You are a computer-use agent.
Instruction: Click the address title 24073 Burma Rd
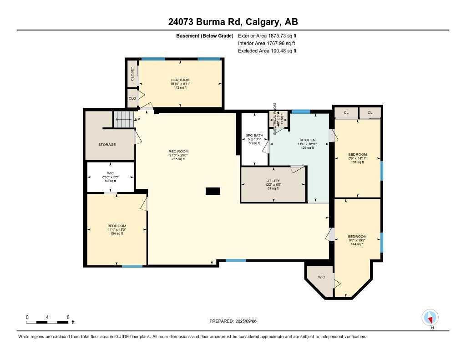[x=233, y=22]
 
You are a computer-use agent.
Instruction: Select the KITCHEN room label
[x=307, y=140]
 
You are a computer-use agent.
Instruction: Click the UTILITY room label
[x=273, y=181]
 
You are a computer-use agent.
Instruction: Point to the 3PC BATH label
[x=254, y=135]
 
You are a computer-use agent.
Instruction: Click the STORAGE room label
[x=107, y=145]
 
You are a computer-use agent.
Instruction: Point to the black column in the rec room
[x=213, y=191]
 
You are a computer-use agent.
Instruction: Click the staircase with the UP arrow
[x=124, y=120]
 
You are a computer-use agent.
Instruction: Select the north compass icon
[x=430, y=317]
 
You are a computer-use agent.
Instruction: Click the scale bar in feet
[x=47, y=322]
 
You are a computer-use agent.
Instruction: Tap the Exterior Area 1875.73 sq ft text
[x=267, y=35]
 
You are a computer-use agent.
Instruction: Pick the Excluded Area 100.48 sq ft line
[x=267, y=51]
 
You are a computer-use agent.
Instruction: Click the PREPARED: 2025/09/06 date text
[x=233, y=321]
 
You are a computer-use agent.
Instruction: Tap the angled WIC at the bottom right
[x=321, y=277]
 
